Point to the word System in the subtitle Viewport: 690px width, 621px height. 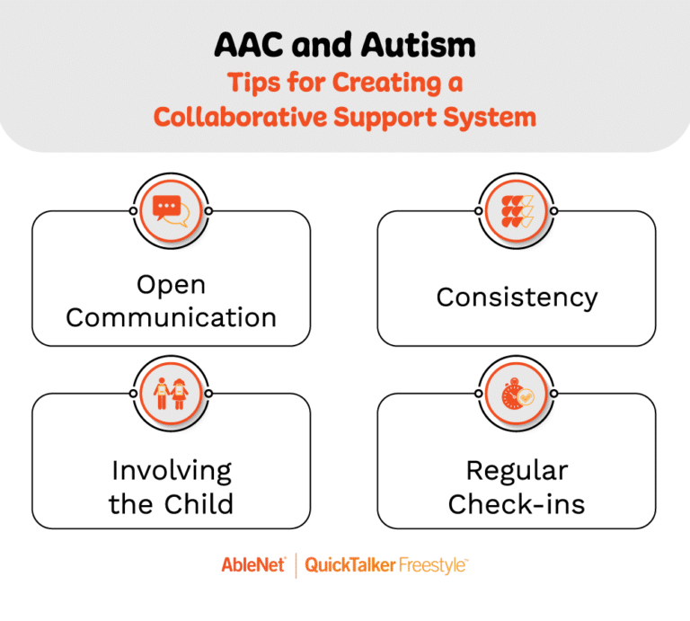pyautogui.click(x=492, y=117)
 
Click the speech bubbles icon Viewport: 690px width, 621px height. pyautogui.click(x=171, y=210)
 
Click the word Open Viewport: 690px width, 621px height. pyautogui.click(x=171, y=285)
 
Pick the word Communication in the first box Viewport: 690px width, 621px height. pyautogui.click(x=171, y=317)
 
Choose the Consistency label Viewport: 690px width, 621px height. pyautogui.click(x=517, y=297)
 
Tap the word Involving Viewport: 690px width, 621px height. pyautogui.click(x=171, y=470)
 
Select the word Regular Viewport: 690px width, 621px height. pyautogui.click(x=517, y=470)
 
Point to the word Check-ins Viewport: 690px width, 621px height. pyautogui.click(x=517, y=503)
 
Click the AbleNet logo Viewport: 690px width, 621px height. pyautogui.click(x=252, y=565)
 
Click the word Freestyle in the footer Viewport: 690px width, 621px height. pyautogui.click(x=435, y=565)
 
